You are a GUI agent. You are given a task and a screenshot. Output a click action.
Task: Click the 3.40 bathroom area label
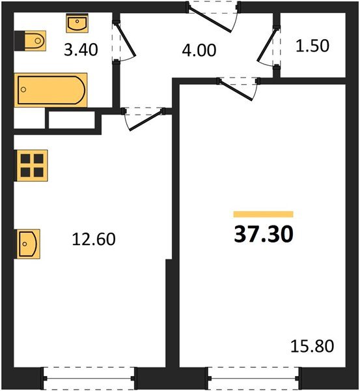click(81, 50)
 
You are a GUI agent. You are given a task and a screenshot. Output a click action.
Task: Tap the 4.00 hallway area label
click(199, 50)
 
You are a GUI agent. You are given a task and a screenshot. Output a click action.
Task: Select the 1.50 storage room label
click(312, 46)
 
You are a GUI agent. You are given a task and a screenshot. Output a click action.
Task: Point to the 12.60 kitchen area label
click(94, 239)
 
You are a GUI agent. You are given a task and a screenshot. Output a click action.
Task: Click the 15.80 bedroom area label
click(312, 346)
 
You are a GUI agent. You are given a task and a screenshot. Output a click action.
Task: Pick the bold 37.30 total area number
click(264, 234)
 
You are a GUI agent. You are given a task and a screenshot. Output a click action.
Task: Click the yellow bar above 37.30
click(264, 214)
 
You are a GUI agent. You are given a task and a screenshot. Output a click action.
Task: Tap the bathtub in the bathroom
click(51, 90)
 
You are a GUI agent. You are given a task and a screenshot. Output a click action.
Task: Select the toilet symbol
click(31, 40)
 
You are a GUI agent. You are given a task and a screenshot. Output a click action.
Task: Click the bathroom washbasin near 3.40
click(77, 23)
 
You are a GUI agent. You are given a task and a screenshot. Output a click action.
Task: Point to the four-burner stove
click(31, 166)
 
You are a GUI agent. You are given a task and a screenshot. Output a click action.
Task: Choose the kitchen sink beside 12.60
click(27, 244)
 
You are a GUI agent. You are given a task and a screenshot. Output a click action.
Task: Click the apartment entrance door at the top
click(210, 19)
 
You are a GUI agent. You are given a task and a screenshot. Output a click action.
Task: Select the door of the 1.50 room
click(267, 44)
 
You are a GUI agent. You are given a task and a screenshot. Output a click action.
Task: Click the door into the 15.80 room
click(235, 90)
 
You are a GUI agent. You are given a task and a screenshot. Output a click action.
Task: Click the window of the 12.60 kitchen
click(89, 378)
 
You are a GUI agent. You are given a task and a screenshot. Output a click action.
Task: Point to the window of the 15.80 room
click(253, 378)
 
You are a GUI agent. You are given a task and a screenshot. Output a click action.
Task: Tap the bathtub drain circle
click(23, 89)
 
